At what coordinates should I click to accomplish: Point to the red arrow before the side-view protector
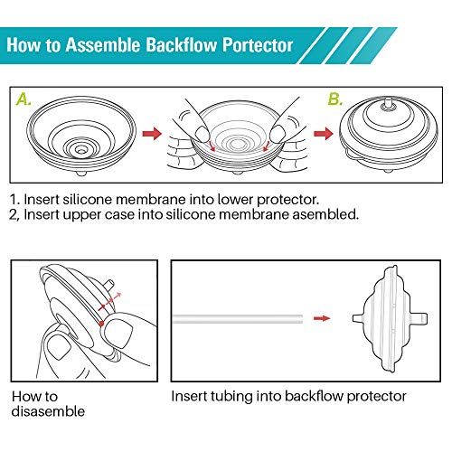point(319,318)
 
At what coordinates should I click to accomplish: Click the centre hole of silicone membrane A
point(77,143)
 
